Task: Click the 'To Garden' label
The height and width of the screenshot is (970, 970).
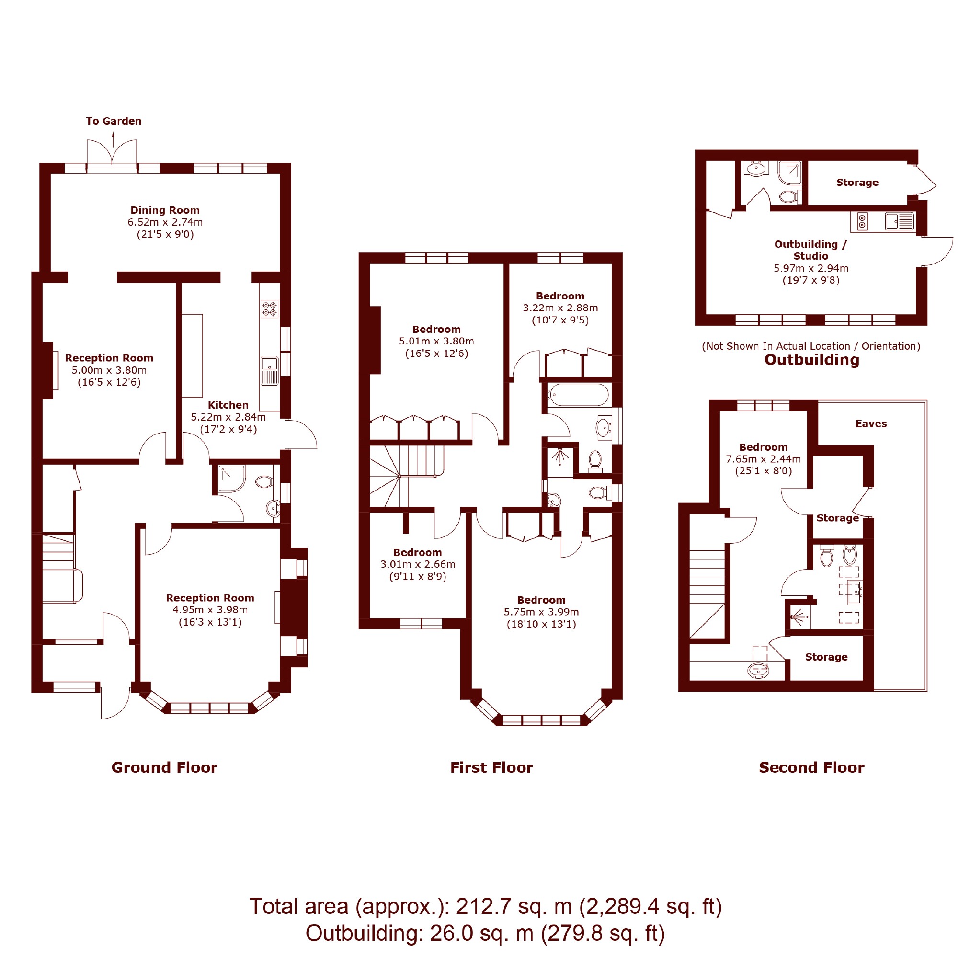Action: pyautogui.click(x=114, y=121)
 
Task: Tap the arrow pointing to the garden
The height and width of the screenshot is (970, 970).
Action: pyautogui.click(x=113, y=139)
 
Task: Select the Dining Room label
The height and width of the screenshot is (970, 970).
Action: pyautogui.click(x=165, y=210)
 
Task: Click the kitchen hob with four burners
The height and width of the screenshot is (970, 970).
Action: pyautogui.click(x=269, y=309)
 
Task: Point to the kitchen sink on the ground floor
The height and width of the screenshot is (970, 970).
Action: pyautogui.click(x=269, y=371)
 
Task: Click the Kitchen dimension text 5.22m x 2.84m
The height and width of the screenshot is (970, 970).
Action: pyautogui.click(x=228, y=417)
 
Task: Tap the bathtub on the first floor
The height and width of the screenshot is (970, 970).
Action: pyautogui.click(x=580, y=395)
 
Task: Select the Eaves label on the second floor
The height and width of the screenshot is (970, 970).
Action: pyautogui.click(x=871, y=424)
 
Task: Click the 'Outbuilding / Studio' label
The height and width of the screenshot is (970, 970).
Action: pyautogui.click(x=811, y=250)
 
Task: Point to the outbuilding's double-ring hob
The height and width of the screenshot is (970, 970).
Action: pyautogui.click(x=863, y=221)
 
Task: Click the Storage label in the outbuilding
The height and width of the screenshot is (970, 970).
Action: pyautogui.click(x=857, y=182)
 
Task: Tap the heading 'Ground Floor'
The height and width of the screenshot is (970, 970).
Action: pyautogui.click(x=164, y=768)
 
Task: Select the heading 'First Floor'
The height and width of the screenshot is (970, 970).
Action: pyautogui.click(x=491, y=768)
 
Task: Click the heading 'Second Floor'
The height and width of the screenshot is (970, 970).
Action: pyautogui.click(x=812, y=768)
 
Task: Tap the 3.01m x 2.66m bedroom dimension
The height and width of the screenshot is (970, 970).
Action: pyautogui.click(x=418, y=564)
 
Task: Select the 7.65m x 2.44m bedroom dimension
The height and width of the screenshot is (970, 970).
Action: pyautogui.click(x=763, y=459)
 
